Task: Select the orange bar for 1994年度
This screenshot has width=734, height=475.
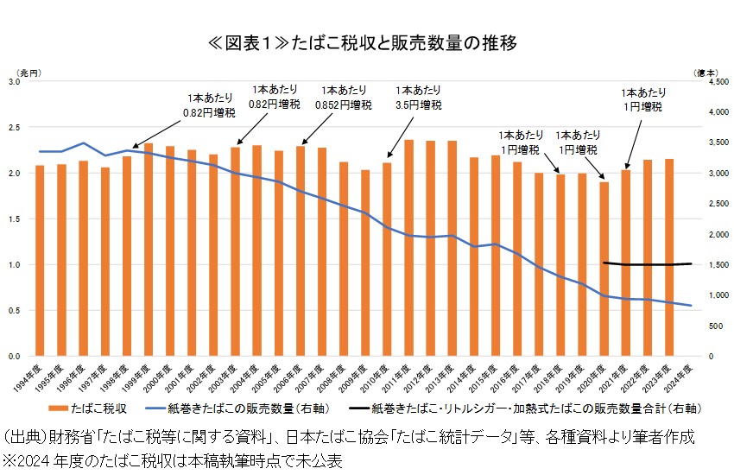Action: click(39, 260)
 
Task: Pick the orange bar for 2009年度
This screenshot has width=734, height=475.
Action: click(365, 263)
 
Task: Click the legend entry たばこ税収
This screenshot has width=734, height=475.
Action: click(92, 407)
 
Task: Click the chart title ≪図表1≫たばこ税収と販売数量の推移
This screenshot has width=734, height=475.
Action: click(367, 41)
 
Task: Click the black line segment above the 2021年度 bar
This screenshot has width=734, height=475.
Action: click(626, 264)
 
